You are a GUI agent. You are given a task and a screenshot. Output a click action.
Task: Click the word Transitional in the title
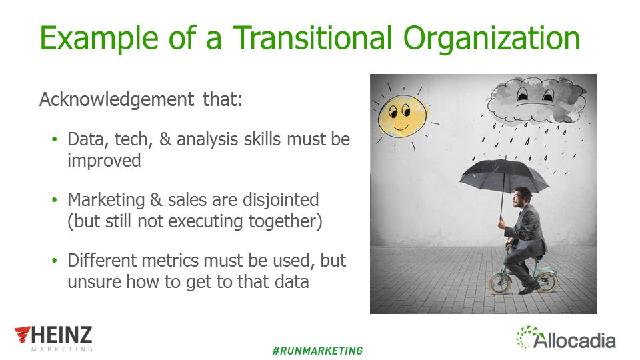point(312,38)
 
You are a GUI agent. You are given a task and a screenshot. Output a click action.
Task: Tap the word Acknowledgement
point(117,100)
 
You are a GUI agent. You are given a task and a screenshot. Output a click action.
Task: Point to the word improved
point(104,161)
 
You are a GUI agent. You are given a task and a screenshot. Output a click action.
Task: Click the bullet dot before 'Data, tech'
point(55,139)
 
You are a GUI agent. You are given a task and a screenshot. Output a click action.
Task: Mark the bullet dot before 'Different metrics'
point(55,261)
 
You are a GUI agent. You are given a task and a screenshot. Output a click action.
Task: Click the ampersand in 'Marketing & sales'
point(156,200)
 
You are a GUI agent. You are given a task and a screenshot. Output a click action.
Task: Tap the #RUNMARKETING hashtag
point(317,351)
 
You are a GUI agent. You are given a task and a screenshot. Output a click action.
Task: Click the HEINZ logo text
point(62,335)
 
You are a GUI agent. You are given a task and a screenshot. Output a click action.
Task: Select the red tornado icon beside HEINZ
point(23,334)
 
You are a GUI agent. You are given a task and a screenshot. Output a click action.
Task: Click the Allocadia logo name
point(574,341)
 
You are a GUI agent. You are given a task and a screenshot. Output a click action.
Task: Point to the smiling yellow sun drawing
point(402,116)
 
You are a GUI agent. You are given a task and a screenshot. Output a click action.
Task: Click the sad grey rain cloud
point(536,100)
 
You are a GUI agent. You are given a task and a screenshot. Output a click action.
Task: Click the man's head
point(522,197)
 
